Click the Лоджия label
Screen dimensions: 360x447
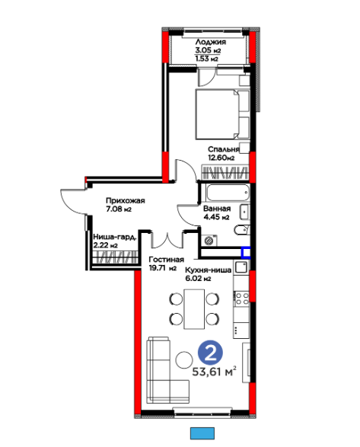tap(210, 42)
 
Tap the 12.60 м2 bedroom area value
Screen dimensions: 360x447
tap(221, 158)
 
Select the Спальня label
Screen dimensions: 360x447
tap(224, 149)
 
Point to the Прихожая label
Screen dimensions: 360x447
tap(126, 201)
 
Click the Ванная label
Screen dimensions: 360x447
tap(217, 209)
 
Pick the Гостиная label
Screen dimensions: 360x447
tap(167, 260)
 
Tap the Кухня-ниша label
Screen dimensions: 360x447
tap(208, 270)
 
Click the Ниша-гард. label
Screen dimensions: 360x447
tap(115, 237)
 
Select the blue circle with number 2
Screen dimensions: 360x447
tap(210, 353)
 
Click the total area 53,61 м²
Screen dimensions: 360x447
tap(214, 372)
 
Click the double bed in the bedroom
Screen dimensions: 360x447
tap(222, 114)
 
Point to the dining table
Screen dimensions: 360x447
tap(194, 309)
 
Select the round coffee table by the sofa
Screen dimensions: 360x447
tap(184, 359)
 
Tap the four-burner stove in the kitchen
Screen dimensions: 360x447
tap(242, 299)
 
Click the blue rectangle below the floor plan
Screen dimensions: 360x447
tap(202, 433)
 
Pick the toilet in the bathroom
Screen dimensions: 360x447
tap(242, 230)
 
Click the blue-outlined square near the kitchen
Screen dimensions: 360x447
tap(246, 253)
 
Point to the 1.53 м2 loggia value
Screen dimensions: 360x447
tap(207, 59)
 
